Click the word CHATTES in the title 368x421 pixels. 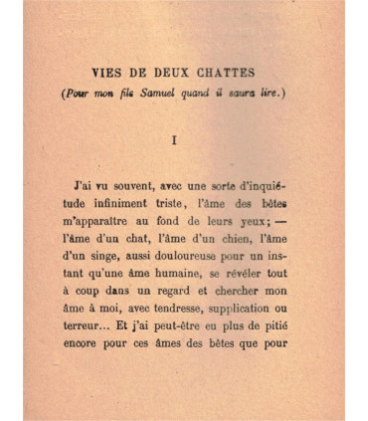[x=222, y=72]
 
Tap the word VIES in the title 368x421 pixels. [x=108, y=72]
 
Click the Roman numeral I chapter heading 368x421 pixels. [x=175, y=140]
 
